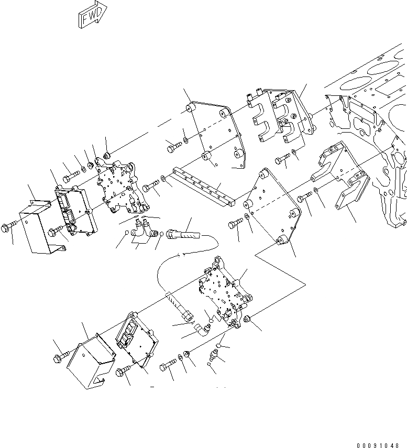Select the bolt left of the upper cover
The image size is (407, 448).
tap(10, 228)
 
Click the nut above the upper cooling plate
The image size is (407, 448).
tap(106, 155)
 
